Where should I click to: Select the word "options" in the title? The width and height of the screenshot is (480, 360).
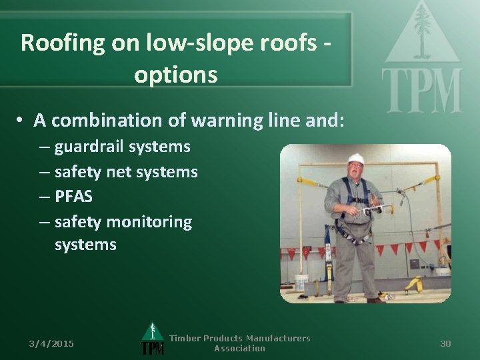(175, 75)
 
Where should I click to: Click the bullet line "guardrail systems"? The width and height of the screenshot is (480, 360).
(122, 146)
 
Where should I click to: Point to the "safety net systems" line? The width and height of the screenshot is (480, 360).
(126, 171)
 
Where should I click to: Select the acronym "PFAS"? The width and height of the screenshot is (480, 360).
(75, 197)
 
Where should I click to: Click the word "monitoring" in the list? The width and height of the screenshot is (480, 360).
(150, 221)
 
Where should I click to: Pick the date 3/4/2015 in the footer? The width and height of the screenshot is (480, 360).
(51, 343)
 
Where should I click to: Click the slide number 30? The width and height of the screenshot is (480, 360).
(445, 343)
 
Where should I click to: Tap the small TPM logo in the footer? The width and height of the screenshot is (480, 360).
(152, 339)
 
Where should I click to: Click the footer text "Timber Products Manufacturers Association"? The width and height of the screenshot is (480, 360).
(239, 343)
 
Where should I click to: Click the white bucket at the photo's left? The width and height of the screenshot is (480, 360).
(301, 281)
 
